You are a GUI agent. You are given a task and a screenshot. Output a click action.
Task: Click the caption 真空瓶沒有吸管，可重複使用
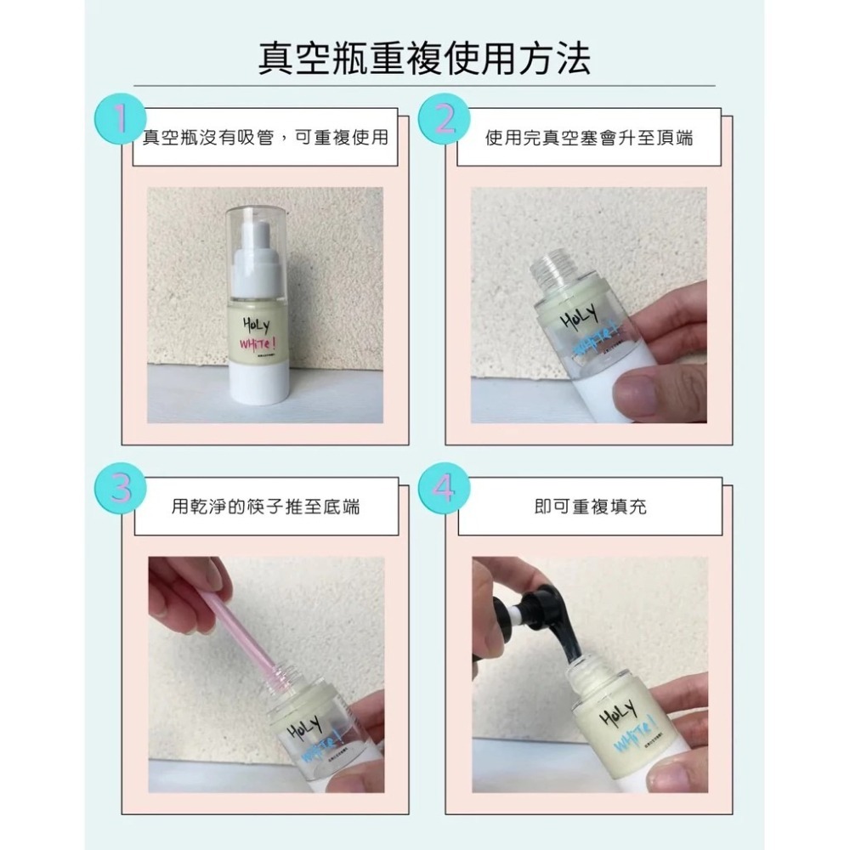point(265,137)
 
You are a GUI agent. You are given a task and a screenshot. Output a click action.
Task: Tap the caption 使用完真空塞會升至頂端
point(589,137)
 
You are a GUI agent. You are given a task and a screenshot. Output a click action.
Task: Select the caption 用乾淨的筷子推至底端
point(265,507)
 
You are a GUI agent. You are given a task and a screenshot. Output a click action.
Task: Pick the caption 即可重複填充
point(589,507)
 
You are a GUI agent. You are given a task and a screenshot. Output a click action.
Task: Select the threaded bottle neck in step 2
point(552,268)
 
